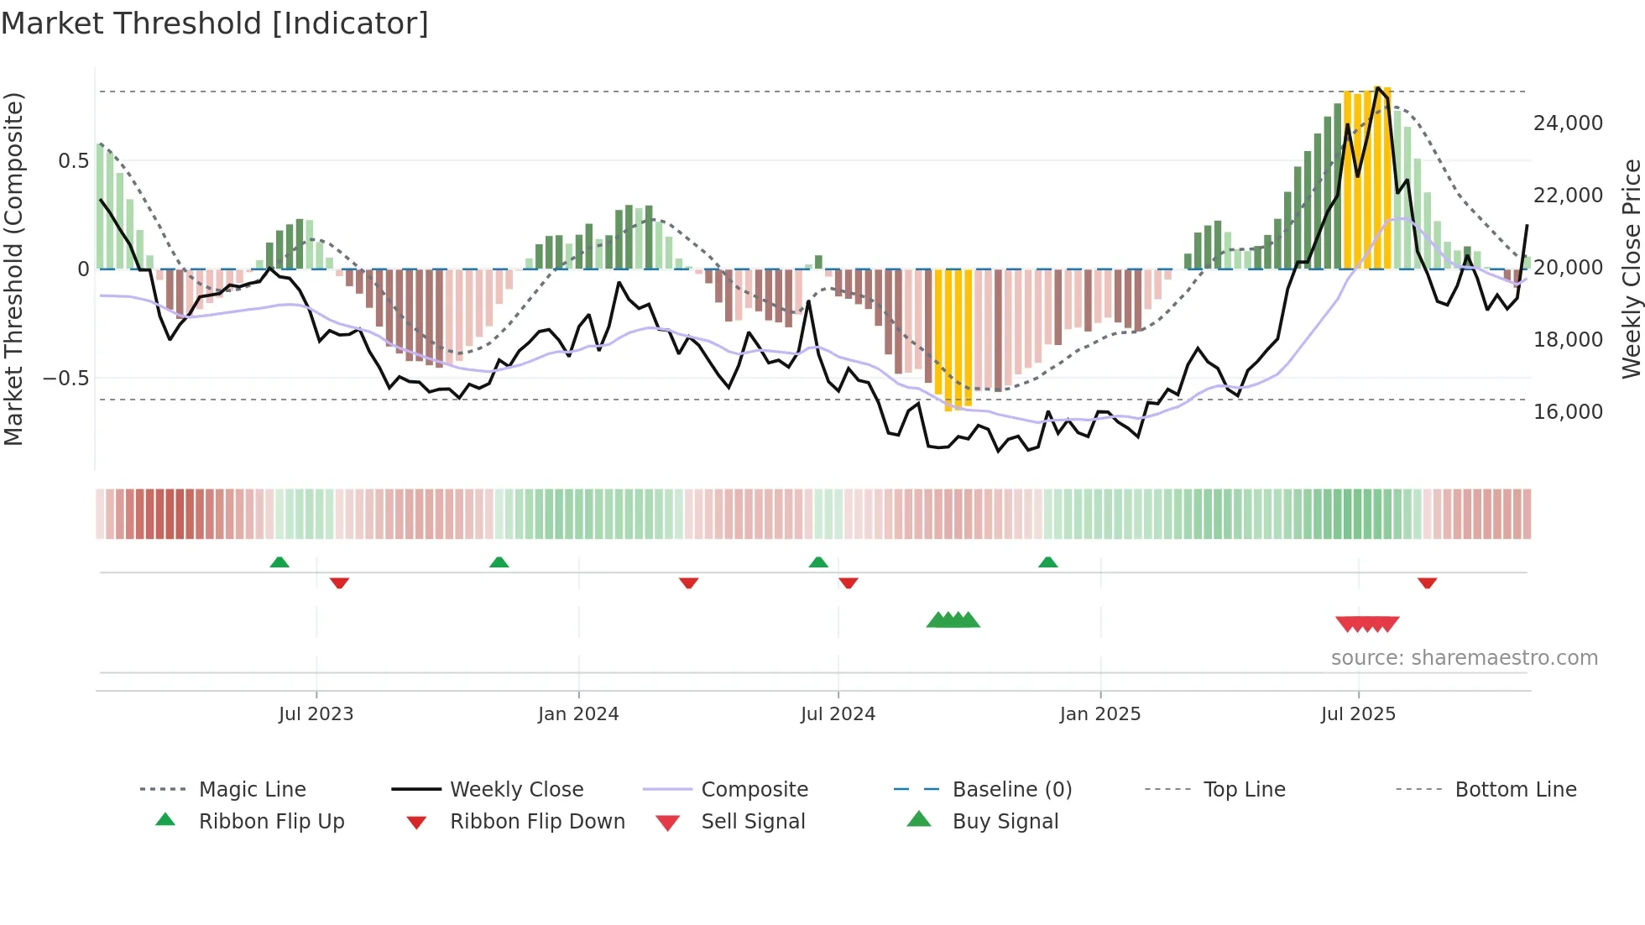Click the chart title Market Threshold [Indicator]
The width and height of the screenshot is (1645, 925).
215,24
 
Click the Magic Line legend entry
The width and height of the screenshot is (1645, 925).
252,790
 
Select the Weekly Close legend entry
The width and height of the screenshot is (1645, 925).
516,790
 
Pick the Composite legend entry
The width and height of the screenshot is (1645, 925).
754,790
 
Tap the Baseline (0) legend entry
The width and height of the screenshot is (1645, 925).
1011,790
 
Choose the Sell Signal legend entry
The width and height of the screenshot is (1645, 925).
752,822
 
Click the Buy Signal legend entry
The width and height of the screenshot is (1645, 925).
1005,822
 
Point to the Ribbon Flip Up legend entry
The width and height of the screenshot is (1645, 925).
271,822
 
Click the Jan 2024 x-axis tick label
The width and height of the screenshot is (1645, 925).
578,714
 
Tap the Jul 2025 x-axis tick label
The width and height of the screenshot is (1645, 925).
1358,714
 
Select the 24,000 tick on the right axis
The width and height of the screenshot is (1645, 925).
1568,123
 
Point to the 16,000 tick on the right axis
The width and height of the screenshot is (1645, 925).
1568,412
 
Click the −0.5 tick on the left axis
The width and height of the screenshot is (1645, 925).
66,379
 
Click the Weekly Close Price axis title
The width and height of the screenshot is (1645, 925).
1631,269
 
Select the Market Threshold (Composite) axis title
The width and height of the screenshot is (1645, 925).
14,269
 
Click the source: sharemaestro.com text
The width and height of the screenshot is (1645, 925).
1464,658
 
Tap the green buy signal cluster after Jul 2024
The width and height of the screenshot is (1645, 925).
953,620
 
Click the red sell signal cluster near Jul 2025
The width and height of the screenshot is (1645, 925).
1367,624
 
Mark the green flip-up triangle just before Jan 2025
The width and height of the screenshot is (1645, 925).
1047,562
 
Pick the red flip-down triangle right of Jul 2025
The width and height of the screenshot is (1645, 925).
1427,583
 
